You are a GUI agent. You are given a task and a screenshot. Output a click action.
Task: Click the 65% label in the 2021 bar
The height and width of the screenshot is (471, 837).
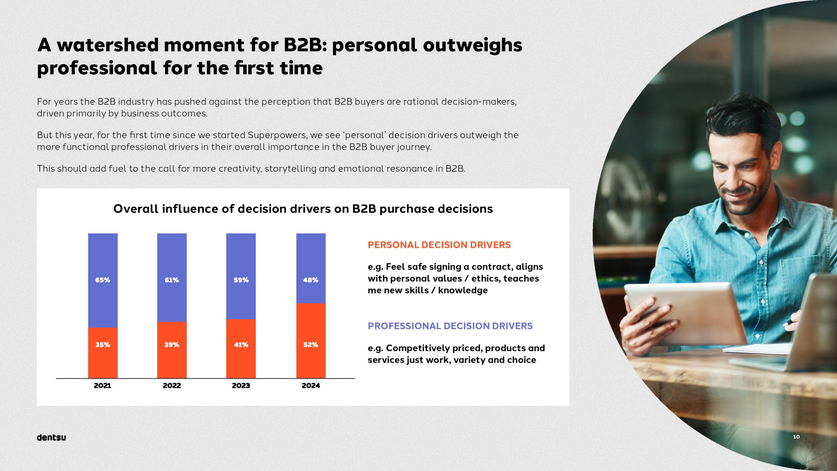pos(103,280)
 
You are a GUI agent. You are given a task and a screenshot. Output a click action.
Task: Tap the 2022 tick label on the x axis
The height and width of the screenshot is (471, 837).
pos(172,386)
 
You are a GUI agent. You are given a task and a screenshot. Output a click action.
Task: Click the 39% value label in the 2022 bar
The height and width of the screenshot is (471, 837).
pos(172,345)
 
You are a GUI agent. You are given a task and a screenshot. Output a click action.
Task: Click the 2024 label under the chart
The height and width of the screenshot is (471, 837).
pos(311,386)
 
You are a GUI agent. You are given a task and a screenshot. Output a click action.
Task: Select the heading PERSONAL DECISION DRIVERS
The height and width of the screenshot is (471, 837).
pos(439,245)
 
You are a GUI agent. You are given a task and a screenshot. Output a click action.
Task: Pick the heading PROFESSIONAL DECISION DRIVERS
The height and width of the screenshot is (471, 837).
pos(450,326)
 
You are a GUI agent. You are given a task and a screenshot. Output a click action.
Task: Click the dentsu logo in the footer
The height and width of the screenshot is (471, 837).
pos(51,438)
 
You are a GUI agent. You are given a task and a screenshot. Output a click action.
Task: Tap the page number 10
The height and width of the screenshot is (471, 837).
pos(796,437)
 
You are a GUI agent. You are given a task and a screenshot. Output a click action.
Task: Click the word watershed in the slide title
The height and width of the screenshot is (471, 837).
pos(108,45)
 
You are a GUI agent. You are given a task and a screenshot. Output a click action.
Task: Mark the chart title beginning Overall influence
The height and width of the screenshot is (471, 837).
pos(303,209)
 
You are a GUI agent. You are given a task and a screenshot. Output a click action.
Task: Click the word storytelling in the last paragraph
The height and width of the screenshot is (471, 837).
pos(290,169)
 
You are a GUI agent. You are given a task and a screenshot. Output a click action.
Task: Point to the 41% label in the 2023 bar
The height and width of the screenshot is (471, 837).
pos(241,345)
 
